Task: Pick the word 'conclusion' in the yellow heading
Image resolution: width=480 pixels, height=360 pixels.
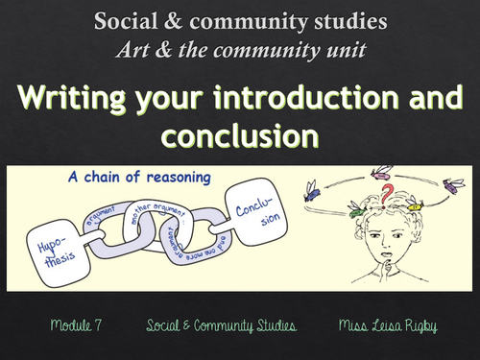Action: coord(239,135)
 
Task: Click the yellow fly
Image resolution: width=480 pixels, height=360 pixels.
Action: coord(414,204)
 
